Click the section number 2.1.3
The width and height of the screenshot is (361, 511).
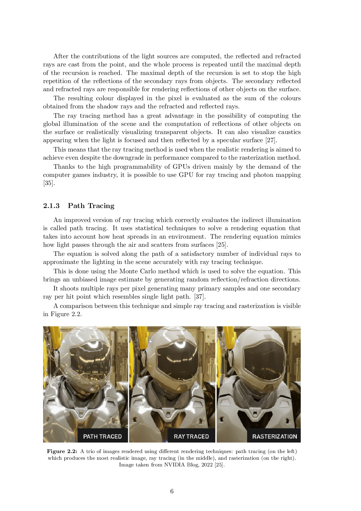pyautogui.click(x=51, y=206)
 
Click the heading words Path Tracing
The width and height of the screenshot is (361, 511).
pyautogui.click(x=91, y=206)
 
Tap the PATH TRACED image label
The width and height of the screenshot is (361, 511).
pyautogui.click(x=102, y=436)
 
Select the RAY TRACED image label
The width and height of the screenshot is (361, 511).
pyautogui.click(x=191, y=436)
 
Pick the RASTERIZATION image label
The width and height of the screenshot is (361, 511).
pyautogui.click(x=275, y=436)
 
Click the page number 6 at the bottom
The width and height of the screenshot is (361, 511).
pyautogui.click(x=172, y=491)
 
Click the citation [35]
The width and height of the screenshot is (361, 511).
pyautogui.click(x=49, y=183)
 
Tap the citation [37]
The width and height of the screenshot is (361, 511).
pyautogui.click(x=200, y=297)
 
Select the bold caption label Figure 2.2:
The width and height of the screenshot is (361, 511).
pyautogui.click(x=62, y=451)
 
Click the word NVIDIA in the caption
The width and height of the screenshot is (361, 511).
pyautogui.click(x=174, y=465)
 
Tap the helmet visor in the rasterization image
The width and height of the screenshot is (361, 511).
pyautogui.click(x=263, y=361)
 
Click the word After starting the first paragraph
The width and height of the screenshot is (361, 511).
pyautogui.click(x=61, y=56)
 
